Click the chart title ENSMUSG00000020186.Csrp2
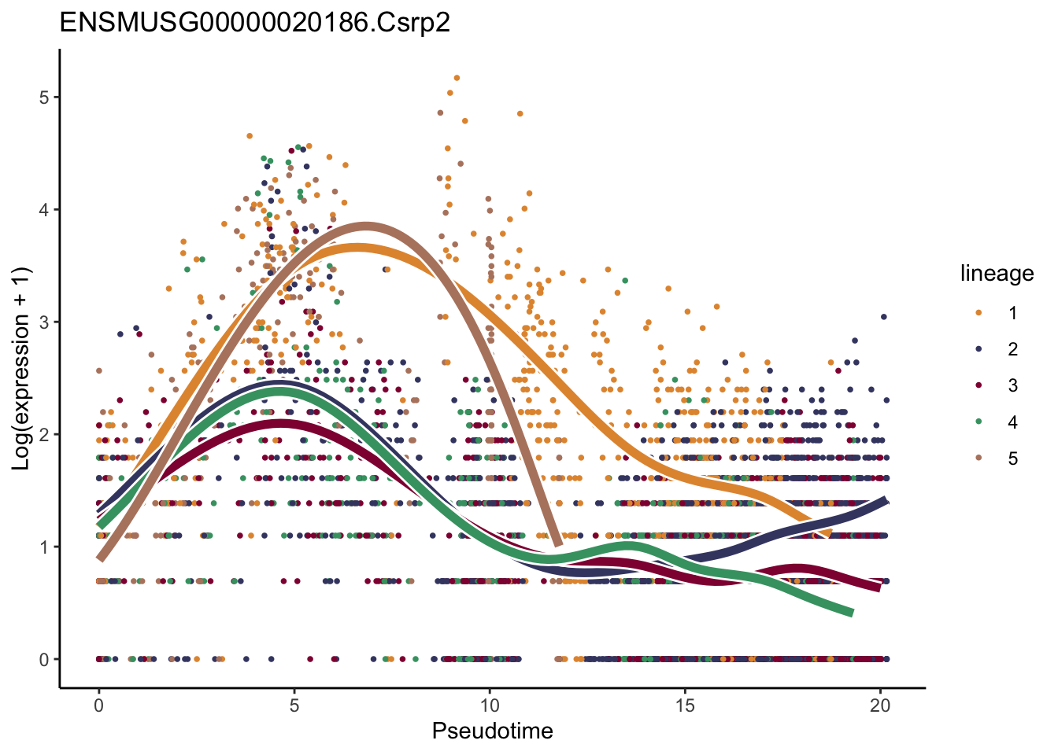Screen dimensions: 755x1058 pos(255,22)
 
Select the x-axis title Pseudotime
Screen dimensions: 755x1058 pos(492,731)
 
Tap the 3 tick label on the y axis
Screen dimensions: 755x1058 pos(44,322)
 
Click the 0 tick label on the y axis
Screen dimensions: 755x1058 pos(44,659)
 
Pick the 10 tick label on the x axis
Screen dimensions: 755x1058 pos(490,706)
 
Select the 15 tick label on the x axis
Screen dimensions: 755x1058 pos(685,706)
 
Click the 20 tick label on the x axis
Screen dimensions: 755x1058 pos(880,706)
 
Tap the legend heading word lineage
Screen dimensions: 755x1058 pos(997,274)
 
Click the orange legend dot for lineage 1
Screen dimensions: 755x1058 pos(978,313)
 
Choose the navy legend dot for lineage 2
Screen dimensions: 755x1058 pos(978,349)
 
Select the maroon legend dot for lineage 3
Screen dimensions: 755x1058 pos(978,385)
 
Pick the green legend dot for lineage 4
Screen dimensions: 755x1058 pos(978,422)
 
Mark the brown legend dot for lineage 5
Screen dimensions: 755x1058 pos(978,459)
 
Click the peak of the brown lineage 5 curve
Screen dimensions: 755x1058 pos(365,226)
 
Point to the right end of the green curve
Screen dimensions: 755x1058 pos(851,613)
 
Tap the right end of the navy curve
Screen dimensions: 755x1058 pos(886,500)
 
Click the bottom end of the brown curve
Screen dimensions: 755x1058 pos(558,543)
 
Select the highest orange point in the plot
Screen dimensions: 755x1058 pos(457,78)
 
